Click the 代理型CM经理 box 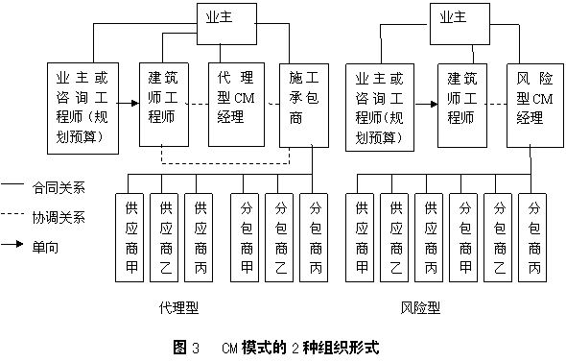238,104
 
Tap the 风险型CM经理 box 533,104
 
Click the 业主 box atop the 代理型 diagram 227,17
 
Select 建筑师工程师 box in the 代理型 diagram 168,104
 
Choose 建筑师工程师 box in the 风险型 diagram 465,104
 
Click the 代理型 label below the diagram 181,308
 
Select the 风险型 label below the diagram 420,308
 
